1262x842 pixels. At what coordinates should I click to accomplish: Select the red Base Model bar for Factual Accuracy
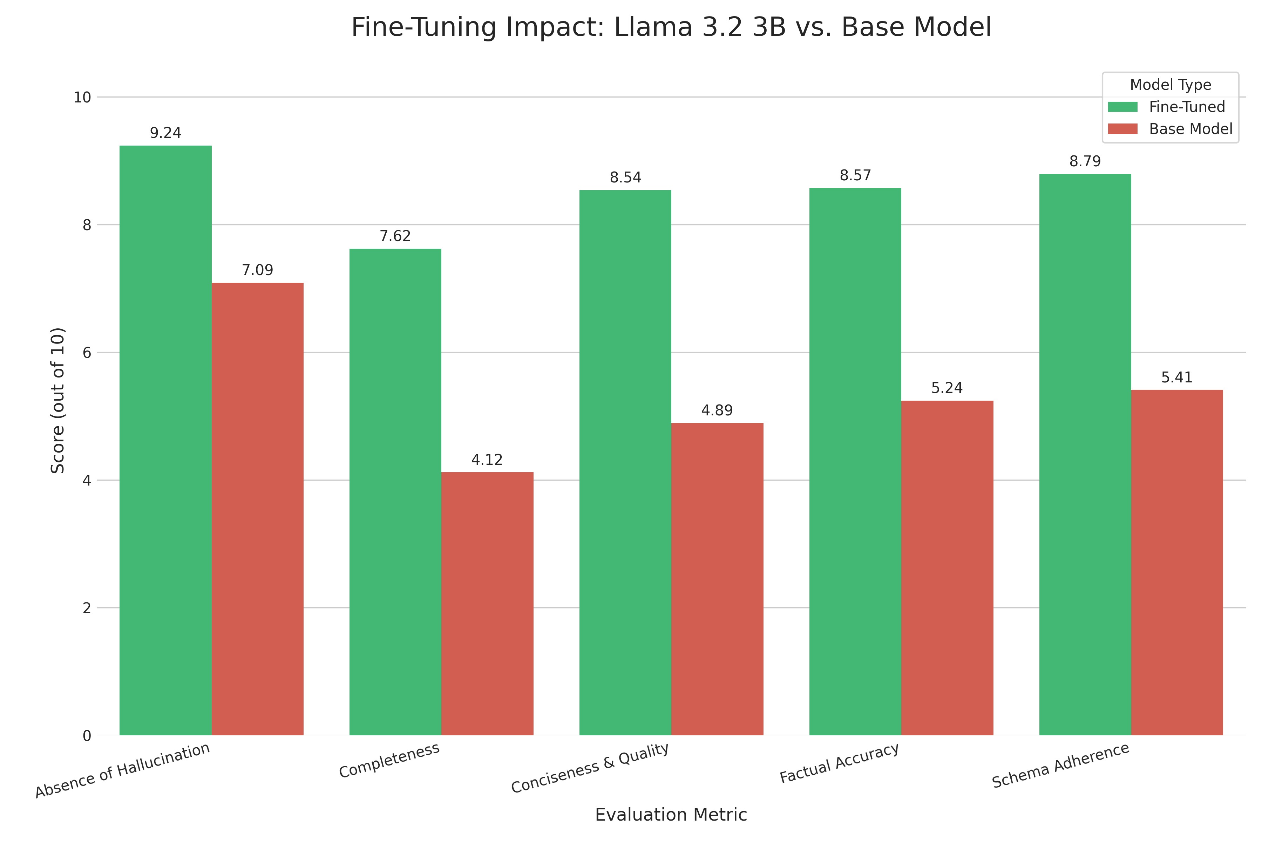[947, 568]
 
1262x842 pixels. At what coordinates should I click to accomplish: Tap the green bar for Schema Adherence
[1085, 454]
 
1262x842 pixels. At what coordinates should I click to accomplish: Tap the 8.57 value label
[855, 176]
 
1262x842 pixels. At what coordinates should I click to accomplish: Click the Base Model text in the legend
[1190, 129]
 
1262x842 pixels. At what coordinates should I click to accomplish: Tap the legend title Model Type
[1170, 85]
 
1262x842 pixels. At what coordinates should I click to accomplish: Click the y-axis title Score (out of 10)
[57, 400]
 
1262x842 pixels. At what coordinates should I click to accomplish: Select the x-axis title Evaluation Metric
[671, 815]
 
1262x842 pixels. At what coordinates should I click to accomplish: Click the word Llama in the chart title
[653, 27]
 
